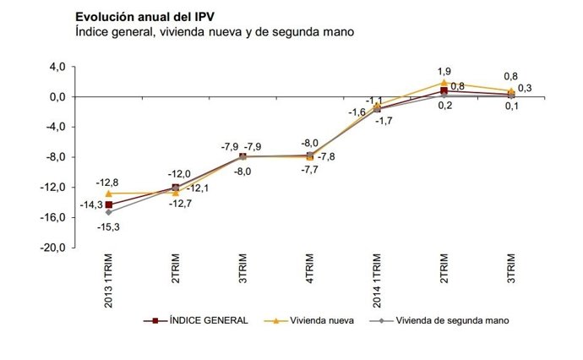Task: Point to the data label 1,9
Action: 445,71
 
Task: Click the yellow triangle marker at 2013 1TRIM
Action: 109,194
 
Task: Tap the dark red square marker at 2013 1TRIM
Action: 109,205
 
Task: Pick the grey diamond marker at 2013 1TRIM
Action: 109,212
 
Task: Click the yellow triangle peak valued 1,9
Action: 444,83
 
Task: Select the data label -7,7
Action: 309,170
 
